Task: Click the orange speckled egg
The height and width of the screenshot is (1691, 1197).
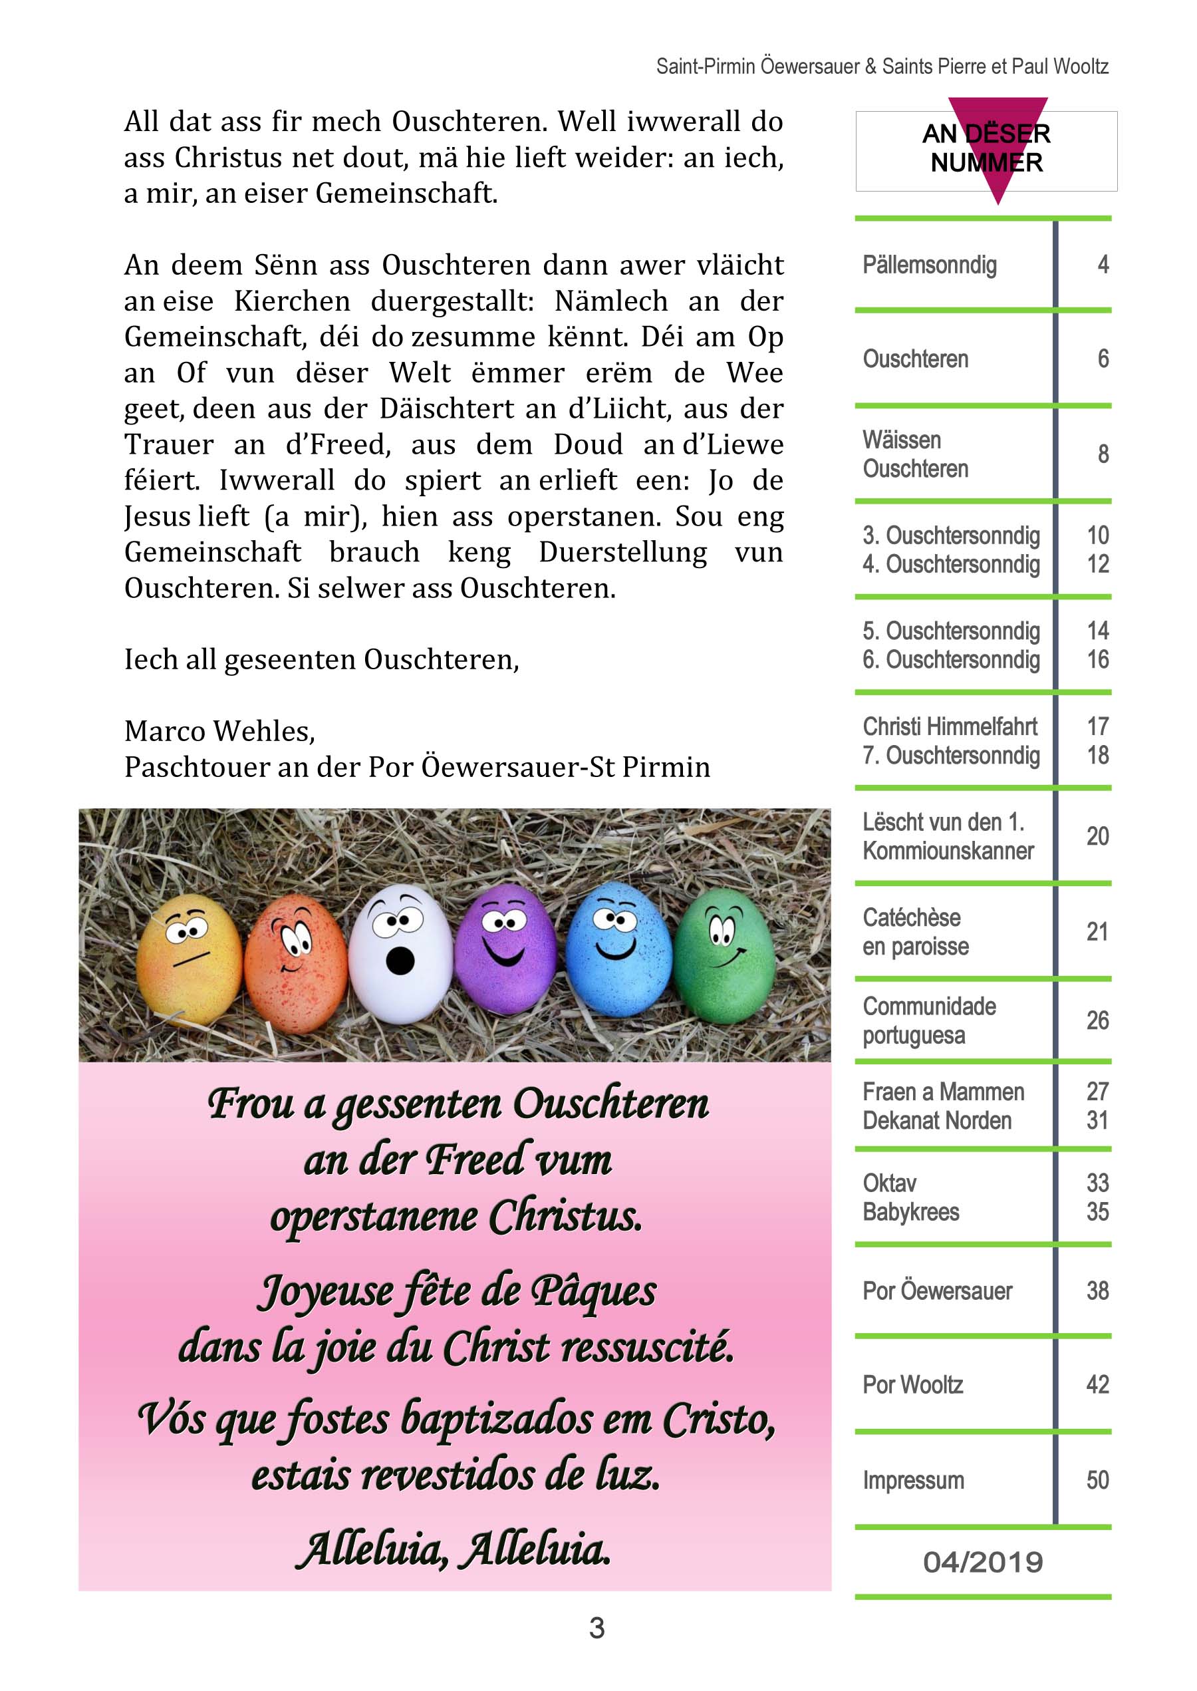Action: tap(295, 959)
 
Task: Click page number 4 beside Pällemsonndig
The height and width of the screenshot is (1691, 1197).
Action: tap(1103, 265)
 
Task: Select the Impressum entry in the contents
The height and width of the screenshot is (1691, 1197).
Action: tap(913, 1480)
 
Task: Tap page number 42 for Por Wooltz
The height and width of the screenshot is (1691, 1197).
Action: tap(1097, 1384)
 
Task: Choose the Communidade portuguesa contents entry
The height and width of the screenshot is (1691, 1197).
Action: tap(929, 1020)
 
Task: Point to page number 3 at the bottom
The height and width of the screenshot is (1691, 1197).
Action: tap(597, 1628)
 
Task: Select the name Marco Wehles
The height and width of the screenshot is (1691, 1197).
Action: tap(219, 730)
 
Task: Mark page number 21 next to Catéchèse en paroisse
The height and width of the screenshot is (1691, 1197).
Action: tap(1097, 932)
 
